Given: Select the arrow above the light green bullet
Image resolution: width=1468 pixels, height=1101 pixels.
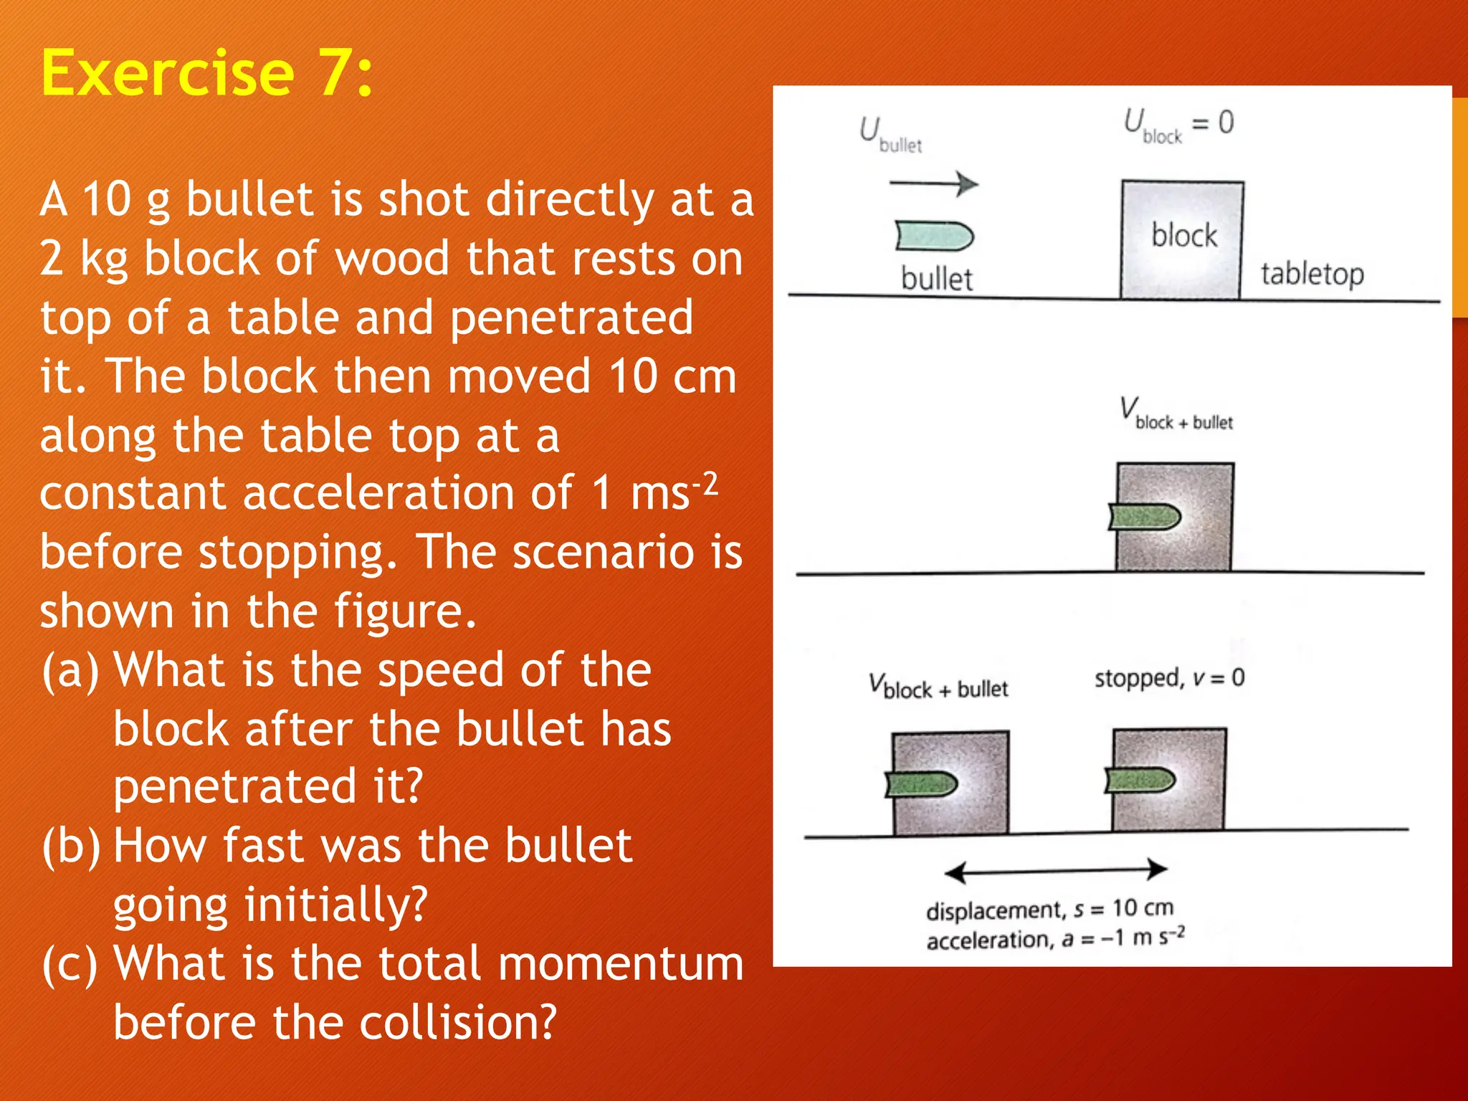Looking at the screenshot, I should pos(933,184).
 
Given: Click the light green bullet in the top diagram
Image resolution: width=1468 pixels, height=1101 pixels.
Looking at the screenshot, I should pos(934,236).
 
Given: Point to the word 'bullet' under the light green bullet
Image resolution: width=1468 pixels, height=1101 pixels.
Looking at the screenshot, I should pos(936,279).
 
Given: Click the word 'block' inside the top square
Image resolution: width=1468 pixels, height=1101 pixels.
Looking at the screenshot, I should pos(1183,235).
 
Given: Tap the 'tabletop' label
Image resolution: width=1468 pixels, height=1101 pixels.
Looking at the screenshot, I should pos(1312,274).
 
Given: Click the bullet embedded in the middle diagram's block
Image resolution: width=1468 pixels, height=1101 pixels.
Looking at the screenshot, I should pos(1144,516).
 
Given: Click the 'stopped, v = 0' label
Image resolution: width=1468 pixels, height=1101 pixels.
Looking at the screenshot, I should pos(1168,678).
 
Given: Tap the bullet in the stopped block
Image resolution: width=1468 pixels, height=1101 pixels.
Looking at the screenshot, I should pos(1140,780).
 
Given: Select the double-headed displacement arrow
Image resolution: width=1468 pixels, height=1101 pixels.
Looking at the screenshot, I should pos(1055,871).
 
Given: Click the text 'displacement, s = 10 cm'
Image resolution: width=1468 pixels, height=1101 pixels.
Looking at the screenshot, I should pos(1049,910).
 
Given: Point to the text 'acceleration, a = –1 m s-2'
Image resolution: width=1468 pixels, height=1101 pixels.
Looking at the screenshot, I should pos(1054,938).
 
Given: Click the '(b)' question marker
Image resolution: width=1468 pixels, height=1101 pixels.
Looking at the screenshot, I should pos(71,846).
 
